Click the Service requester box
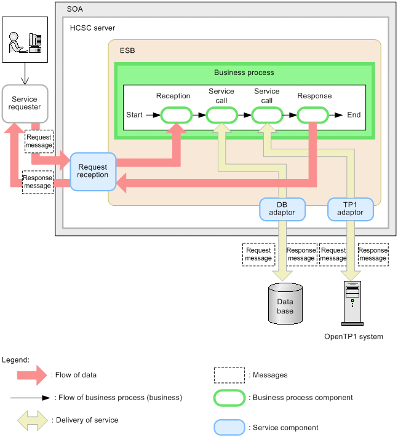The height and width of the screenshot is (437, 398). pyautogui.click(x=25, y=103)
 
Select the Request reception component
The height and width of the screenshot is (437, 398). pyautogui.click(x=93, y=171)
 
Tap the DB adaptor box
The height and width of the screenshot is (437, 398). pyautogui.click(x=282, y=208)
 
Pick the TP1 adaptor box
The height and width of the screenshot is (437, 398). pyautogui.click(x=350, y=208)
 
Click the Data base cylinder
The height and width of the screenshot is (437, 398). pyautogui.click(x=285, y=304)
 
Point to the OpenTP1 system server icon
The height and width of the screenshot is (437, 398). pyautogui.click(x=352, y=302)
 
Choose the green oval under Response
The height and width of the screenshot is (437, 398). pyautogui.click(x=313, y=115)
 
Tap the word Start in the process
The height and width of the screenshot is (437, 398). pyautogui.click(x=134, y=115)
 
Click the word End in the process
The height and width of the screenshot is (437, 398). pyautogui.click(x=354, y=115)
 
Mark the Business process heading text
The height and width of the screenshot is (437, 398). pyautogui.click(x=244, y=73)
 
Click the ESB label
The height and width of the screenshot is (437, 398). pyautogui.click(x=127, y=50)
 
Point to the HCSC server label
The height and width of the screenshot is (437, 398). pyautogui.click(x=92, y=28)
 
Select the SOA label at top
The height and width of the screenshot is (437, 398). pyautogui.click(x=74, y=9)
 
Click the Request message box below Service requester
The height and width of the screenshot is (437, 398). pyautogui.click(x=39, y=141)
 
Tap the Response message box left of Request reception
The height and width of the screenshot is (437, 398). pyautogui.click(x=38, y=182)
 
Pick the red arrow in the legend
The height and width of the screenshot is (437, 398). pyautogui.click(x=31, y=374)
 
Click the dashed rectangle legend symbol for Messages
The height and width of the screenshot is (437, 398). pyautogui.click(x=229, y=374)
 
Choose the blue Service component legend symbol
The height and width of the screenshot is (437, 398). pyautogui.click(x=229, y=427)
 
